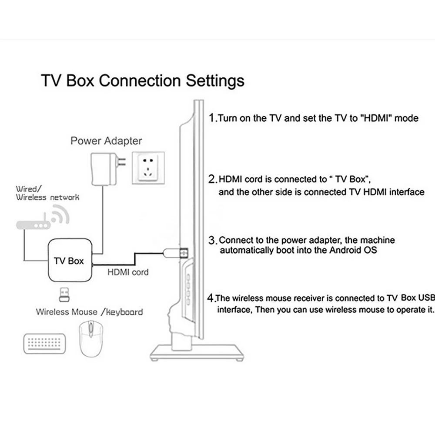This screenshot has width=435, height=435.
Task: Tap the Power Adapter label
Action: tap(106, 141)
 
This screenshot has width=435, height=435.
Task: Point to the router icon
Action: tap(33, 225)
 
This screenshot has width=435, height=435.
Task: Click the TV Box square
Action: tap(69, 261)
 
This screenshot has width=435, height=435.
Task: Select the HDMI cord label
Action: tap(128, 272)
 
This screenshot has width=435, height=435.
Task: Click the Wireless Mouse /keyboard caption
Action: tap(89, 312)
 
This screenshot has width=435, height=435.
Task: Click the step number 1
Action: tap(211, 117)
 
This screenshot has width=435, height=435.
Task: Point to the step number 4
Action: tap(211, 298)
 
